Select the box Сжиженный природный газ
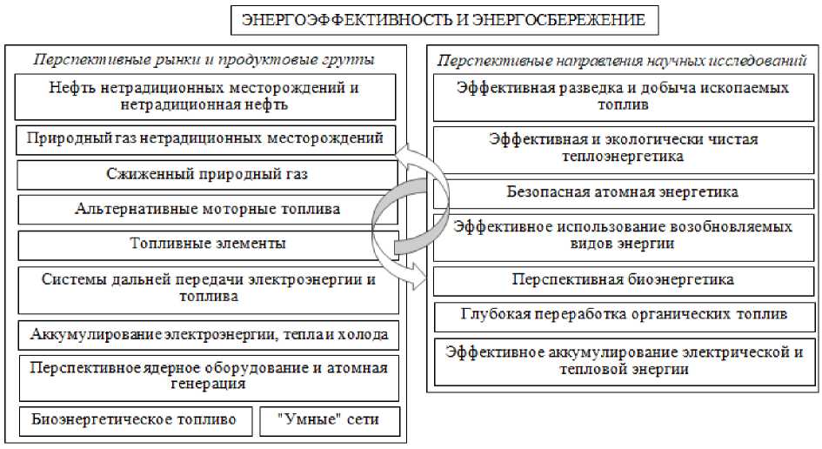[207, 174]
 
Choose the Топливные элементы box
[207, 244]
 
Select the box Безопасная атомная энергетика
[623, 191]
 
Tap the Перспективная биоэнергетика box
[623, 279]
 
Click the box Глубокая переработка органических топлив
[623, 313]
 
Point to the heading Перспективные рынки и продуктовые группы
[204, 60]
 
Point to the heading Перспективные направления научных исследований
[622, 60]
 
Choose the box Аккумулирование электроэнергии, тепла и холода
[209, 334]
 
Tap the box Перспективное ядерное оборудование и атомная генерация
[209, 376]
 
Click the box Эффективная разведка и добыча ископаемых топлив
[623, 96]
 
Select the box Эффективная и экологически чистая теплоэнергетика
[623, 148]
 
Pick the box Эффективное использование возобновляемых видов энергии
[623, 235]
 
